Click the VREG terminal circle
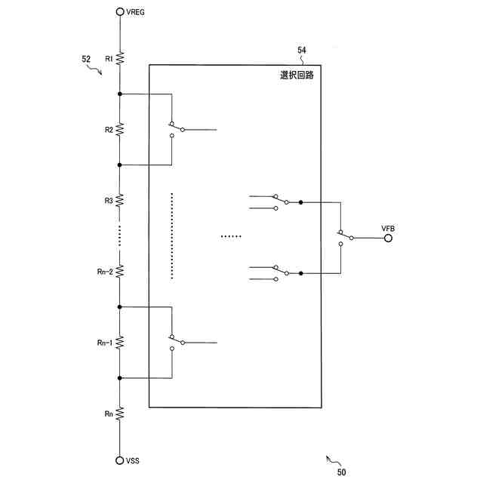coord(120,12)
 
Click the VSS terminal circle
coord(120,460)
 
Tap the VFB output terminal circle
coord(388,238)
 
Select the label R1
coord(109,58)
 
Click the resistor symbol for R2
coord(120,129)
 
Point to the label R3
coord(109,200)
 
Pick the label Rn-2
coord(104,272)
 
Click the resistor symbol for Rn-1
coord(120,343)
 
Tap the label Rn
coord(109,414)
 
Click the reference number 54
coord(301,51)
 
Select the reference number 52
coord(86,58)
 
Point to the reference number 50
coord(342,472)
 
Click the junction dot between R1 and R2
coord(120,94)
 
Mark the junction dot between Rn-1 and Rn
coord(120,377)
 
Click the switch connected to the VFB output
coord(345,237)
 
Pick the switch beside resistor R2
coord(177,128)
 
